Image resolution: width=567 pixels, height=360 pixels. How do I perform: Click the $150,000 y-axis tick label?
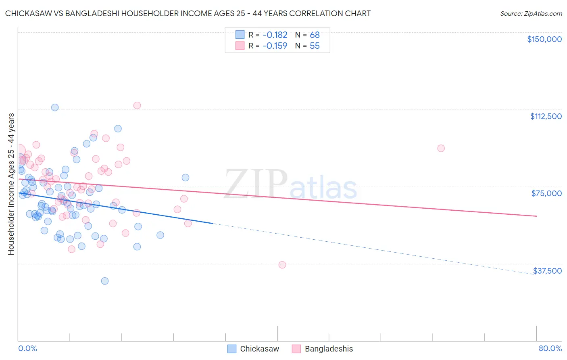[544, 39]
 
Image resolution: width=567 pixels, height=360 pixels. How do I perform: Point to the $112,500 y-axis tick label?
[546, 116]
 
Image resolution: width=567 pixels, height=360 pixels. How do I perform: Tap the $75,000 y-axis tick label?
[546, 193]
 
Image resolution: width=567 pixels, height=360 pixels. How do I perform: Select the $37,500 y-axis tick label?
[547, 271]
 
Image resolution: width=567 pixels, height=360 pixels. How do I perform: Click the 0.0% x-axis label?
[27, 348]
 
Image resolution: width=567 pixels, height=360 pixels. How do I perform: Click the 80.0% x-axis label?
[550, 348]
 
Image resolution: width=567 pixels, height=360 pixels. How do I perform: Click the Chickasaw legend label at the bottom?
[259, 349]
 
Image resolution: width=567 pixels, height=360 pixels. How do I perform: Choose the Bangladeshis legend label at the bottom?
[329, 349]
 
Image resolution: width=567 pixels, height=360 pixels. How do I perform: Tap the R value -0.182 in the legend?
[275, 35]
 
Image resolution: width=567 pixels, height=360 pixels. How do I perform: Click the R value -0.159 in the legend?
[275, 46]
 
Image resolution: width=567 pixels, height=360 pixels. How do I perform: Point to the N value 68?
[315, 35]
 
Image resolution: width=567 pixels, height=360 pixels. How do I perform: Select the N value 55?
[315, 46]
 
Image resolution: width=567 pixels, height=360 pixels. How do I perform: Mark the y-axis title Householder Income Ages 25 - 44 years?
[11, 184]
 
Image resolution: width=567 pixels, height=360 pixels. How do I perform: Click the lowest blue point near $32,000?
[105, 281]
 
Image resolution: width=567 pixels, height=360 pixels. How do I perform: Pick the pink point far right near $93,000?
[441, 148]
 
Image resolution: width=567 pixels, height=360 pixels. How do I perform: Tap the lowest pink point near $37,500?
[282, 265]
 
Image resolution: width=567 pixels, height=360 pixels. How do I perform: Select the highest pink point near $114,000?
[137, 105]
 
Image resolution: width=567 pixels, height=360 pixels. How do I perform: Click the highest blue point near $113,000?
[55, 107]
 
